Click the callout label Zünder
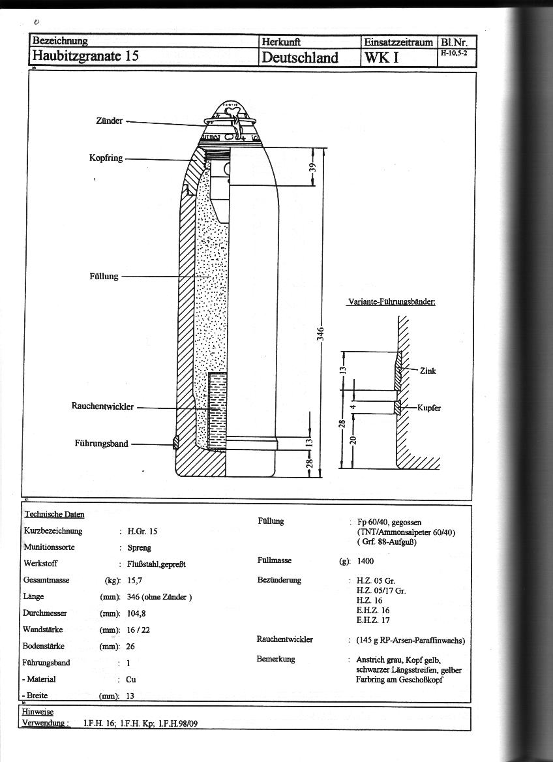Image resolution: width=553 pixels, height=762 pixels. point(110,121)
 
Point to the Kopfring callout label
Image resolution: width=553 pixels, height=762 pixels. point(106,159)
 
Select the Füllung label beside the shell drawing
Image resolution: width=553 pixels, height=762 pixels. point(104,277)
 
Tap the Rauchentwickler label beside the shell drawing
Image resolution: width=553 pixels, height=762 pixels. point(102,407)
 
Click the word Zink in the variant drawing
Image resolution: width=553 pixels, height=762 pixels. point(428,371)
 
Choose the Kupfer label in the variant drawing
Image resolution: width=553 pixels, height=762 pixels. point(429,408)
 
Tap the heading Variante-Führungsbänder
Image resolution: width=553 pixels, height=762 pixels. point(389,302)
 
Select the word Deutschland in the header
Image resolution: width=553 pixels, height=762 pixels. point(300,57)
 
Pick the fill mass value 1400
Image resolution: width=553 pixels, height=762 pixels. point(366,561)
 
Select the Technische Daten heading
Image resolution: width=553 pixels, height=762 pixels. point(54,515)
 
